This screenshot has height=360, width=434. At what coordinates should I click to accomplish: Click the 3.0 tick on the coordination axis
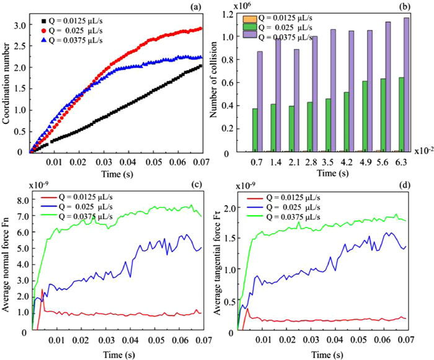tap(20, 25)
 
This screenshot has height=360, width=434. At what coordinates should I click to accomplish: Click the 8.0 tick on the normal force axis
tap(22, 201)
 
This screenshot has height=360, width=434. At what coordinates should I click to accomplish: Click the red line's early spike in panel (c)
tap(42, 291)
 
